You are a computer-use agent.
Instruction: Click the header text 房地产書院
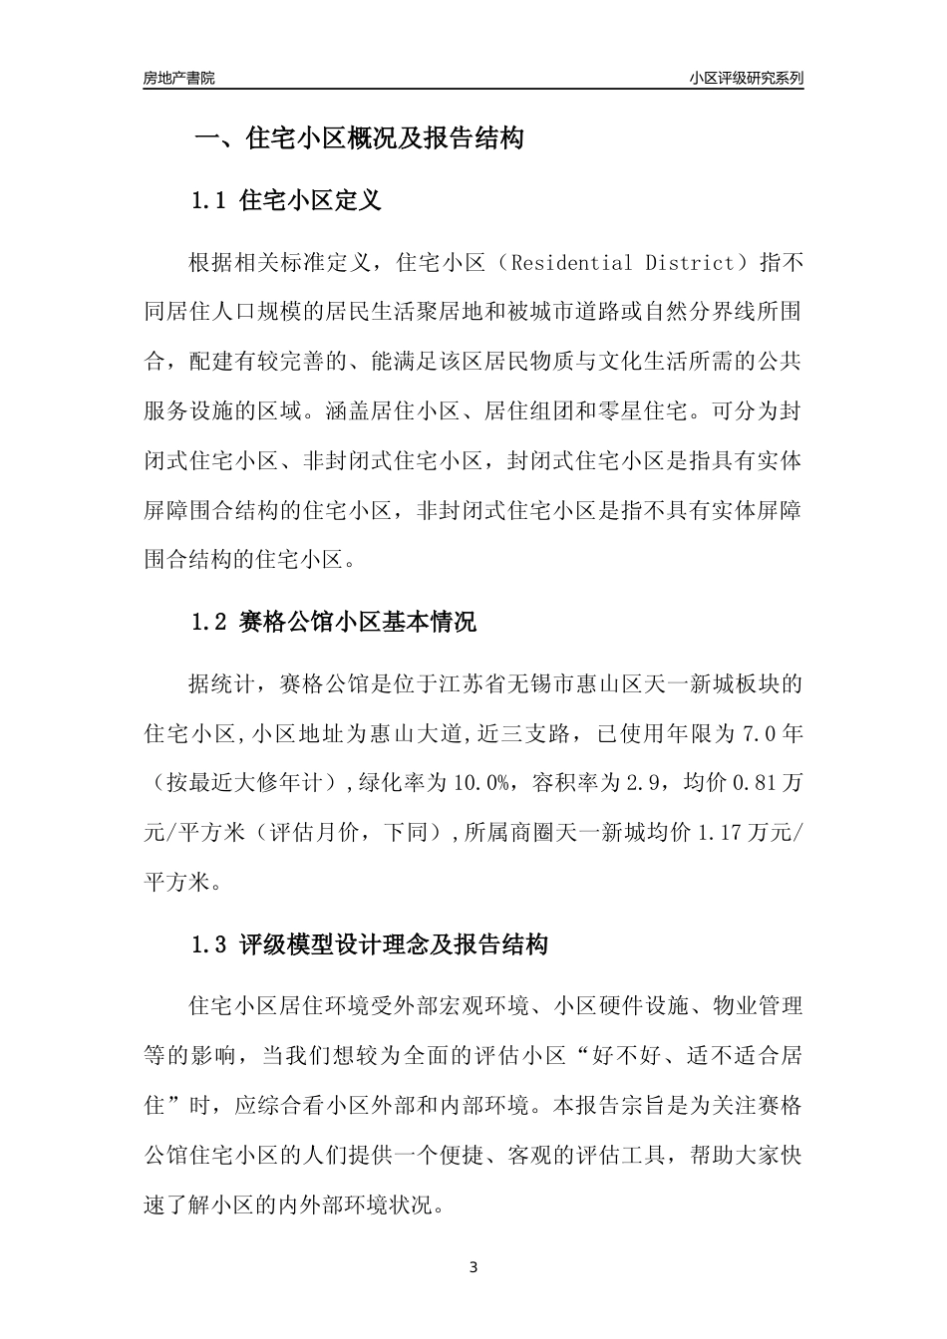[178, 77]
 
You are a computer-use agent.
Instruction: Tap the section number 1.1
[210, 201]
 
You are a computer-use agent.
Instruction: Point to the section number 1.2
[210, 623]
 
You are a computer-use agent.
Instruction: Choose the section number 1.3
[210, 944]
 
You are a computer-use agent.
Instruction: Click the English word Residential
[571, 264]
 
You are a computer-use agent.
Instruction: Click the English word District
[689, 264]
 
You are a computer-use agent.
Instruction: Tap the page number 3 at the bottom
[473, 1268]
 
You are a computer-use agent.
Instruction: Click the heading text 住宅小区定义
[311, 201]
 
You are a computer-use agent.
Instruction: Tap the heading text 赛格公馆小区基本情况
[359, 623]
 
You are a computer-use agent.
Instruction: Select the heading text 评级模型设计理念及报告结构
[395, 944]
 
